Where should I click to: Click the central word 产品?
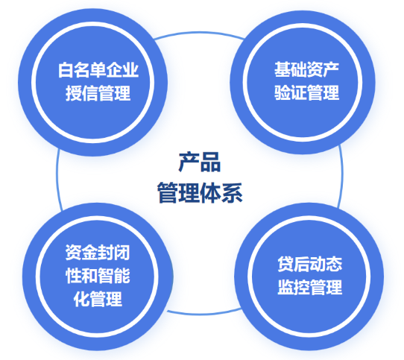coord(200,162)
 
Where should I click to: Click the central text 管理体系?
coord(200,192)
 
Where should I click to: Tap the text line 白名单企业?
coord(98,70)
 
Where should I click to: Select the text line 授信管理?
coord(98,93)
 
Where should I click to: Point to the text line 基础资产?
coord(306,69)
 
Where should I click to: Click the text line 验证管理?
coord(306,92)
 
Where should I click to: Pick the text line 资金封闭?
coord(98,252)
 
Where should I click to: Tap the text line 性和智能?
coord(98,276)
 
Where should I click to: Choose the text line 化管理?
coord(98,299)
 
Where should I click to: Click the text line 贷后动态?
coord(309,264)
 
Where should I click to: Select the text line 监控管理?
coord(309,287)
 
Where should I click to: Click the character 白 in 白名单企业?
coord(66,70)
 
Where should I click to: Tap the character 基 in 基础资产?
coord(283,69)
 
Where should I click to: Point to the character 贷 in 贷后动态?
coord(285,264)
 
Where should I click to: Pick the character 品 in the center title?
coord(210,162)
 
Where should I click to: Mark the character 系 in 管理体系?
coord(232,192)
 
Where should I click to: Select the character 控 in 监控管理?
coord(302,287)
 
